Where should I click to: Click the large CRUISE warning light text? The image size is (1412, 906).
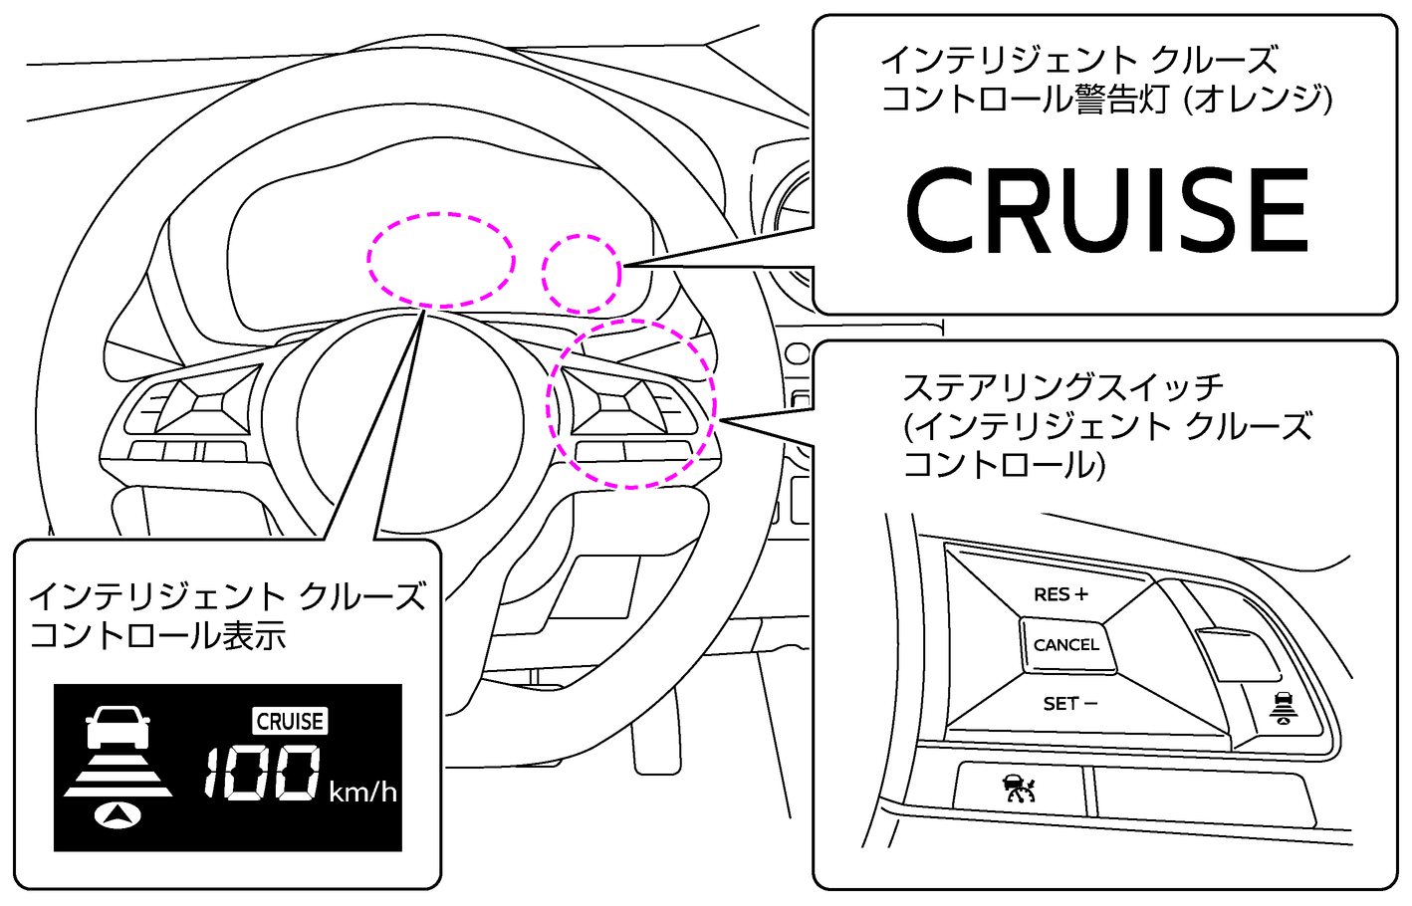1105,210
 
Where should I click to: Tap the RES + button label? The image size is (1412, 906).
1060,594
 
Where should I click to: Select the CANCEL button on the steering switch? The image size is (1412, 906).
1066,645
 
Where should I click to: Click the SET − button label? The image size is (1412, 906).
1069,704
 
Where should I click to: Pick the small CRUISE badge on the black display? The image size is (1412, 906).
290,721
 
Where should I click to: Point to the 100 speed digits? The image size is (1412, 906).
263,773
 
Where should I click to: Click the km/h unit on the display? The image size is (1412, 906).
362,793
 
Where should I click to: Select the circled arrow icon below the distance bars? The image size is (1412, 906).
117,814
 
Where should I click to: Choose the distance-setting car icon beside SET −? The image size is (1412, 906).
1284,706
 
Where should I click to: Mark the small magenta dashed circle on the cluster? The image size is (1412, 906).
582,273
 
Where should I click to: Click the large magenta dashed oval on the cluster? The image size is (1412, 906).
440,260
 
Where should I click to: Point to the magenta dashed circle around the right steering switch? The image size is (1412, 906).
631,403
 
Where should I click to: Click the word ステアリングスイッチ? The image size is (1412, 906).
1062,386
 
